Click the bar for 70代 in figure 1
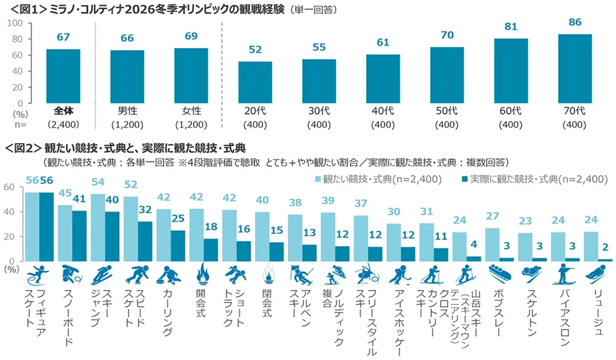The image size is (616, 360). click(574, 69)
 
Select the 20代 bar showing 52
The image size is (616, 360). click(255, 82)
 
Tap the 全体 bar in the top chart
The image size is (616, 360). click(63, 76)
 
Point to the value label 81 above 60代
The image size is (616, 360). click(510, 27)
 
